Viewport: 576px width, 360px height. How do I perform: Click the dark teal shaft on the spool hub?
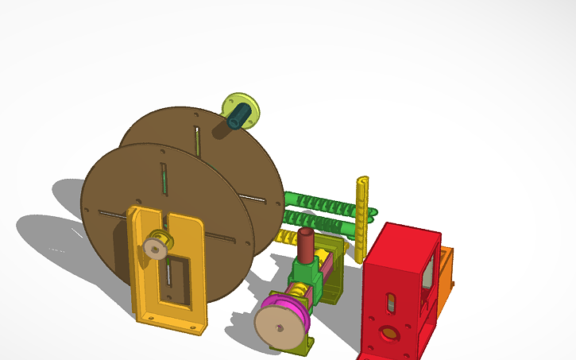click(x=237, y=118)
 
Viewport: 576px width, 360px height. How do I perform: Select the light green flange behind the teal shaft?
click(x=248, y=104)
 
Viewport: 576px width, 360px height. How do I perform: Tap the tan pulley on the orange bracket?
click(x=156, y=249)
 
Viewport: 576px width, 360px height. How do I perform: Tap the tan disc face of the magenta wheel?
click(x=280, y=326)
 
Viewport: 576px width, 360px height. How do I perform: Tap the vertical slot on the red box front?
click(x=390, y=303)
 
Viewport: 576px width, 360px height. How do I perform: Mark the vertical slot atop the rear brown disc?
click(x=196, y=139)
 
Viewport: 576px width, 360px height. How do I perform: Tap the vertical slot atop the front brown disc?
click(x=163, y=178)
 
